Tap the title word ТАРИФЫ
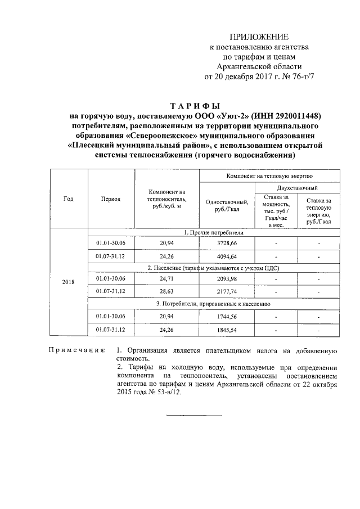[194, 106]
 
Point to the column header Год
[68, 199]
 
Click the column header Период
[111, 199]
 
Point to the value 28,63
[166, 291]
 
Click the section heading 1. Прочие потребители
[214, 232]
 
